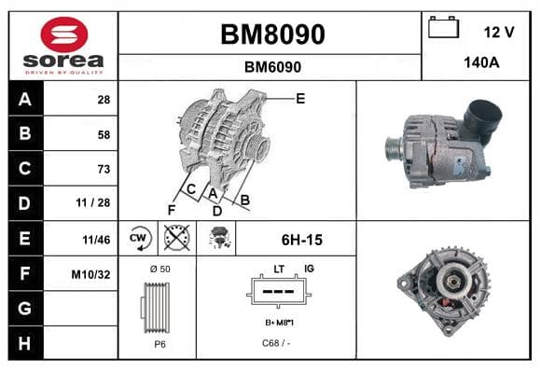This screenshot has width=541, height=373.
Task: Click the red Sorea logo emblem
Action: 64,35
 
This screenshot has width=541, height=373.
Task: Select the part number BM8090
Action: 272,35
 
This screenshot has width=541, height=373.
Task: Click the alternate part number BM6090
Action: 272,67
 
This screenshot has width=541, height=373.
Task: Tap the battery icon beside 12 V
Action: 443,27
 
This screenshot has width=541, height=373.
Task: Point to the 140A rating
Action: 481,62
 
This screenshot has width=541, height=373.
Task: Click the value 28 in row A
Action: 104,100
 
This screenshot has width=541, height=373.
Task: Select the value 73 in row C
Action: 104,169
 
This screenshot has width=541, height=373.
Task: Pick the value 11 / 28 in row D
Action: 93,202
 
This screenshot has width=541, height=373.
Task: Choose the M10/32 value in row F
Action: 90,275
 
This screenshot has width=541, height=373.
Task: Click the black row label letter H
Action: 24,343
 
